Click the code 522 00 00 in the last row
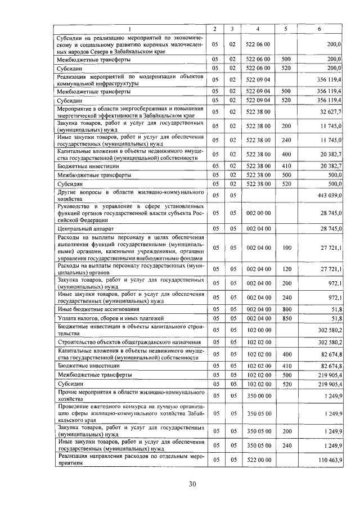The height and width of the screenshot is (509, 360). pos(259,461)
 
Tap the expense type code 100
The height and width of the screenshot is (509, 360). pos(286,247)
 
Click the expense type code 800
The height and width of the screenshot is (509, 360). pos(286,309)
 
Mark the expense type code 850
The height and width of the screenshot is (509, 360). pos(286,318)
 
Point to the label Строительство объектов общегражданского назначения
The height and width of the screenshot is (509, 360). pos(128,342)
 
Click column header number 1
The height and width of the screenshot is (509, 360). pos(131,28)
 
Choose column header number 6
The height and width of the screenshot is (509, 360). pos(319,28)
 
